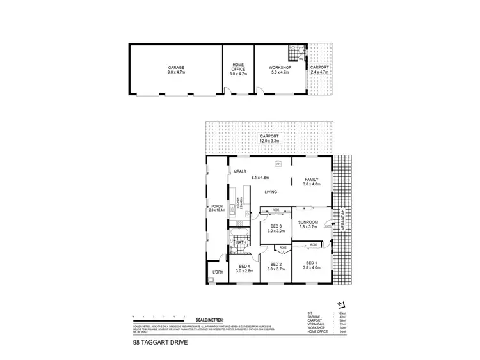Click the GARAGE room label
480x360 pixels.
[176, 68]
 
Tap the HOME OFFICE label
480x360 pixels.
[238, 65]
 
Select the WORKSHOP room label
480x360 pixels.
[279, 68]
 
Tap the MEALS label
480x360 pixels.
[241, 171]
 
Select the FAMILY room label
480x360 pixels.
[311, 179]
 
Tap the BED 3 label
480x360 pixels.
[276, 227]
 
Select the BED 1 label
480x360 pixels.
[311, 263]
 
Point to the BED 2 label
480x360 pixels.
[276, 265]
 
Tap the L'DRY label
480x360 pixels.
[218, 273]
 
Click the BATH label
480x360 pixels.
[241, 243]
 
